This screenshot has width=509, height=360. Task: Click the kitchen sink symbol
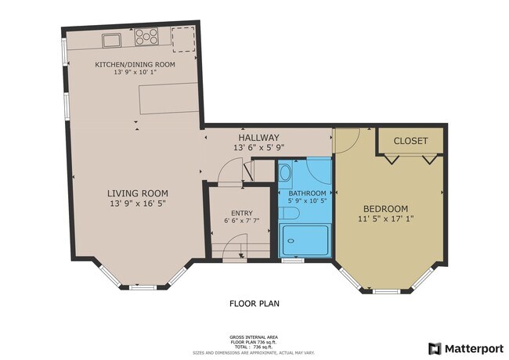112,41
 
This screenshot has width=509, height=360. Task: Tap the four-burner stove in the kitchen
146,36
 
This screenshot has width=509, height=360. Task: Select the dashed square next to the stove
183,40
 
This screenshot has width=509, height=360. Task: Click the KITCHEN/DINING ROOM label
135,64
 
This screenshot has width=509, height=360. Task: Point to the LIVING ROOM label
138,193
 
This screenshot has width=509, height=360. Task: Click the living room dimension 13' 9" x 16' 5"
138,203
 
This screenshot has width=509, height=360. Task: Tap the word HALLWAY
258,138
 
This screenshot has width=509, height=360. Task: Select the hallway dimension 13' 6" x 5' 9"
259,148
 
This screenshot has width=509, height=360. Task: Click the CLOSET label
410,141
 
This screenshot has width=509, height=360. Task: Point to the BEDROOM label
385,208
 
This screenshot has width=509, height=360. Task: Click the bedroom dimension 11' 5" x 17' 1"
385,218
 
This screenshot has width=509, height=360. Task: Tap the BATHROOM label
307,193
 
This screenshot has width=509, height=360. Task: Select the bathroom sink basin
286,173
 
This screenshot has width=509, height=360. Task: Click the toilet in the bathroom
289,213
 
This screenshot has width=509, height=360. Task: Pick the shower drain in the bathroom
291,241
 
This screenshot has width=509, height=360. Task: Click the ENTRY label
242,213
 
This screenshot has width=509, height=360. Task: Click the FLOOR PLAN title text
254,304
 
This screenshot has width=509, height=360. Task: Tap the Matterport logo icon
435,348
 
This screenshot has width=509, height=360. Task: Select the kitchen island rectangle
169,99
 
